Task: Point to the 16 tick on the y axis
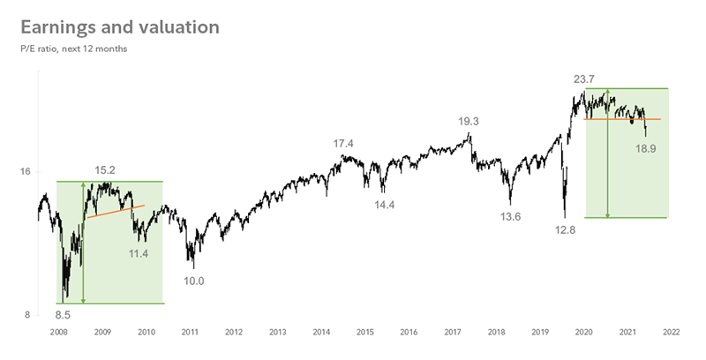(25, 171)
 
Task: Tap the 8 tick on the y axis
(28, 315)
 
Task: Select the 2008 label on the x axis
(59, 333)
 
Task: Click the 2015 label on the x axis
(364, 333)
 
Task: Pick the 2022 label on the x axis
(671, 333)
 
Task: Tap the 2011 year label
(190, 333)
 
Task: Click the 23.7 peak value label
(584, 79)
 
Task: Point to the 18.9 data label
(646, 148)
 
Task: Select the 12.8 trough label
(564, 229)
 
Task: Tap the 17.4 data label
(343, 143)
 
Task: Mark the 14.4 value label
(385, 204)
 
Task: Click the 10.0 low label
(193, 281)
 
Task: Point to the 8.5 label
(64, 312)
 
